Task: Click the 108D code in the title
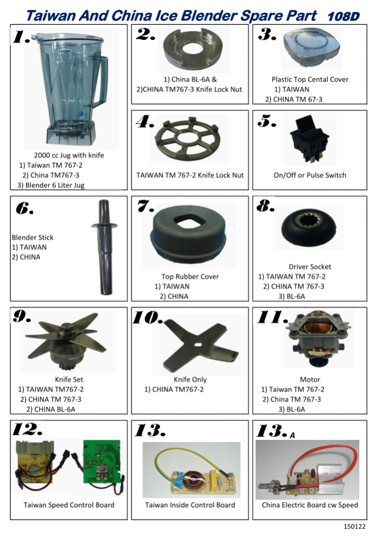tap(344, 16)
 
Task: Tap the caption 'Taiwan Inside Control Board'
tap(190, 505)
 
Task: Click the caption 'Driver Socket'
tap(310, 267)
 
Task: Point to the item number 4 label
tap(144, 123)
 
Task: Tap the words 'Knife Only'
tap(190, 380)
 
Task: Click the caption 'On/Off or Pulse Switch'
tap(310, 175)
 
